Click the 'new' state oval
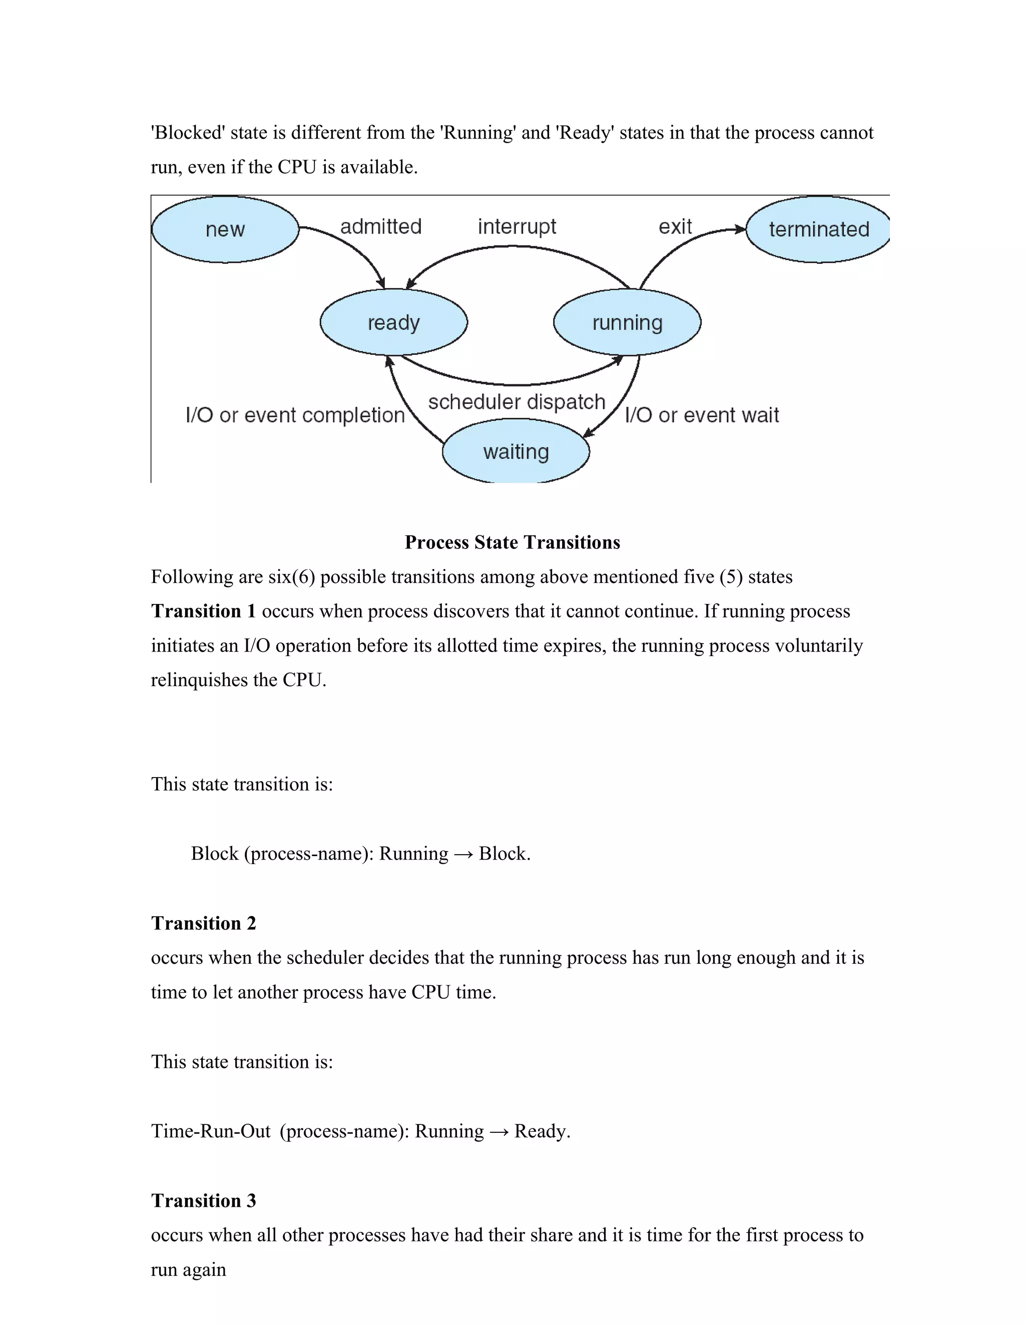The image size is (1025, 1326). point(225,230)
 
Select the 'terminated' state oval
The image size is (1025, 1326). point(818,230)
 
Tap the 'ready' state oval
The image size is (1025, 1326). point(393,322)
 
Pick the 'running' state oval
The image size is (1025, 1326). point(627,322)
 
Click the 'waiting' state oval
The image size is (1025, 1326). point(516,452)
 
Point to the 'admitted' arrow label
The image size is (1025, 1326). point(381,227)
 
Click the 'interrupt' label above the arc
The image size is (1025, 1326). point(517,227)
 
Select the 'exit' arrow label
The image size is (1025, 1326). point(675,227)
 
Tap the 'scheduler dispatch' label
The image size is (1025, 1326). point(517,402)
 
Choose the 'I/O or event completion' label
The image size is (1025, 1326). point(295,415)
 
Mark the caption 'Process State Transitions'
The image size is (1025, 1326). point(512,542)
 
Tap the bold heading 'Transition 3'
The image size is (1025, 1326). point(203,1200)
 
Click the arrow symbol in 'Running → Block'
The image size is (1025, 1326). point(463,854)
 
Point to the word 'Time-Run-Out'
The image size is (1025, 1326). point(211,1131)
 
